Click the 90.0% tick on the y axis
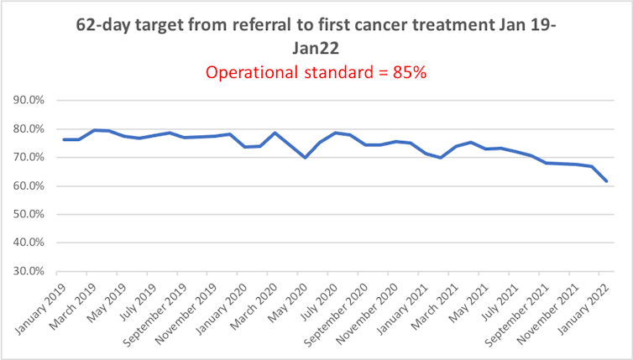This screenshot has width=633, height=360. (30, 101)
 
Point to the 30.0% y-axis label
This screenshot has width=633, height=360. (30, 272)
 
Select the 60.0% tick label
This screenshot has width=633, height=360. (30, 186)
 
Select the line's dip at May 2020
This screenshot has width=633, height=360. (305, 158)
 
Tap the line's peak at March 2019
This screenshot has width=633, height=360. (94, 130)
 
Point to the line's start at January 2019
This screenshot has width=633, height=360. (64, 139)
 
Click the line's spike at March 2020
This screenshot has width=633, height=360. (275, 133)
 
